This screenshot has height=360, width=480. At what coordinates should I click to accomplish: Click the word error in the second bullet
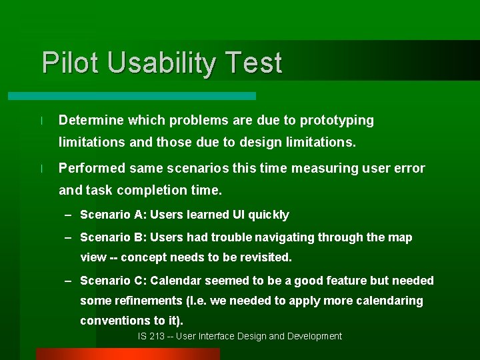[408, 168]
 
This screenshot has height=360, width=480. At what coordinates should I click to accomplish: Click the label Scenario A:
[113, 215]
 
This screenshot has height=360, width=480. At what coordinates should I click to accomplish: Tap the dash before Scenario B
[69, 237]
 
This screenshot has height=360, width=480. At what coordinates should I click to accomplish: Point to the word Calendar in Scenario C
[178, 281]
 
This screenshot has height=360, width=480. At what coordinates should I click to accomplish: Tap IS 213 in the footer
[151, 336]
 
